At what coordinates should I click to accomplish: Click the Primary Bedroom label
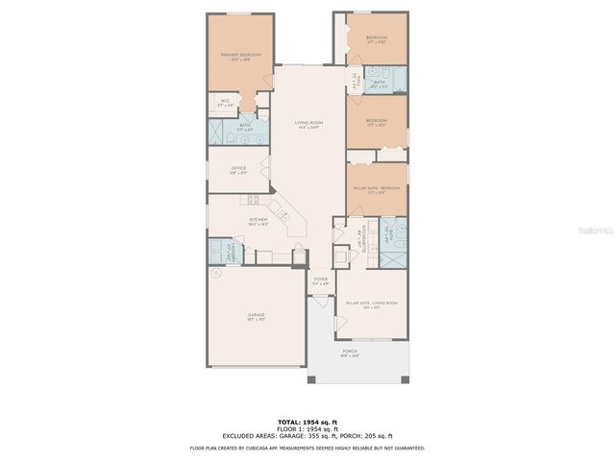point(241,57)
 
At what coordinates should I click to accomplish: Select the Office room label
point(239,170)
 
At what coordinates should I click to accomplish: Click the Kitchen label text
point(258,221)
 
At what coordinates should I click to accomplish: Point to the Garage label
point(257,316)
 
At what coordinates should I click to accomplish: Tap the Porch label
point(350,352)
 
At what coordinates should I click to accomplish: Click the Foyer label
point(321,280)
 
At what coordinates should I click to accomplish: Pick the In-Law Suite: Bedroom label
point(376,189)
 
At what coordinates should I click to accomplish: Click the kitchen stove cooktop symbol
point(254,200)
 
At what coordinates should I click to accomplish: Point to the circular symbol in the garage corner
point(217,273)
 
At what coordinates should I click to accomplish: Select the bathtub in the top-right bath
point(396,78)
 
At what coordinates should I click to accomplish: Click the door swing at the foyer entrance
point(317,301)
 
